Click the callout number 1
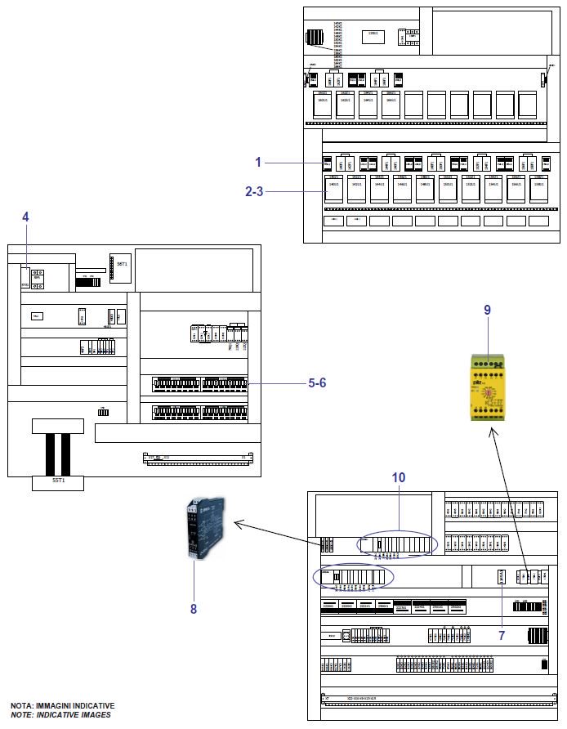257,162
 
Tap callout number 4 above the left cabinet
25,217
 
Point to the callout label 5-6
319,382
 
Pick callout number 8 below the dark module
194,608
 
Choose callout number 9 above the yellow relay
488,311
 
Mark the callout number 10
399,476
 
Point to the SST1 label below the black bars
59,482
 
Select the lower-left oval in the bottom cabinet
353,577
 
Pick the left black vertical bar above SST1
50,454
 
